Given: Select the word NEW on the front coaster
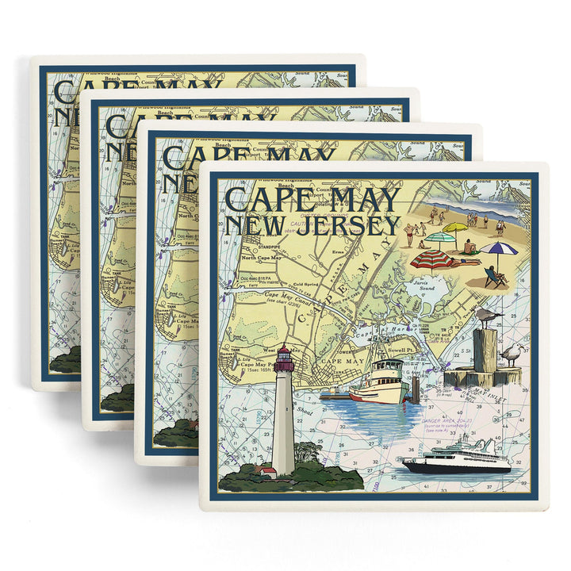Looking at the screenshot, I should tap(255, 225).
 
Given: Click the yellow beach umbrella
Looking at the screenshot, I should tap(454, 228).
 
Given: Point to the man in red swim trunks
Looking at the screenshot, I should tap(409, 233).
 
